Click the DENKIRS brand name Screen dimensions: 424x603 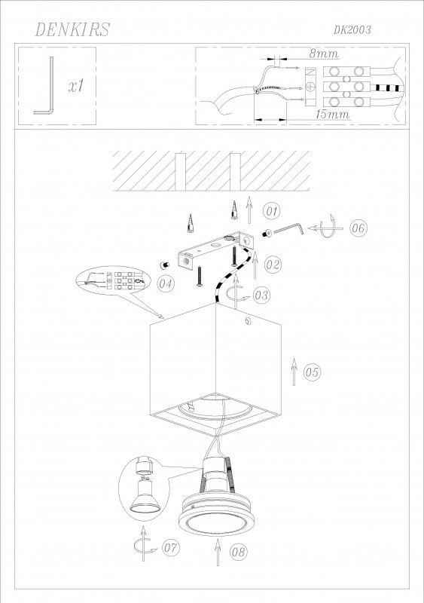pos(72,29)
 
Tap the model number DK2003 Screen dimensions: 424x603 pos(352,30)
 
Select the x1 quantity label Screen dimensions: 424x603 pos(76,86)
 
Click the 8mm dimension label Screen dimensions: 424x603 pos(324,54)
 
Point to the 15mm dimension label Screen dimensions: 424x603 pos(332,114)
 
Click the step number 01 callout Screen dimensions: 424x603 pos(271,211)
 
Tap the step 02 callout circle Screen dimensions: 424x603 pos(273,265)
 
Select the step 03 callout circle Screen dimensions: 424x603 pos(261,295)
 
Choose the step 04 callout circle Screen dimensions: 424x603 pos(166,284)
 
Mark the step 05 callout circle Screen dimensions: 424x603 pos(312,372)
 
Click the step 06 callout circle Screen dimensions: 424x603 pos(358,228)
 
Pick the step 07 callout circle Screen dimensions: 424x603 pos(171,547)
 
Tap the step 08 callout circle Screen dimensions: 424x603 pos(238,552)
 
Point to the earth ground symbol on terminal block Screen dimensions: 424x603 pos(310,87)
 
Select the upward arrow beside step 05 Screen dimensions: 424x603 pos(294,372)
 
